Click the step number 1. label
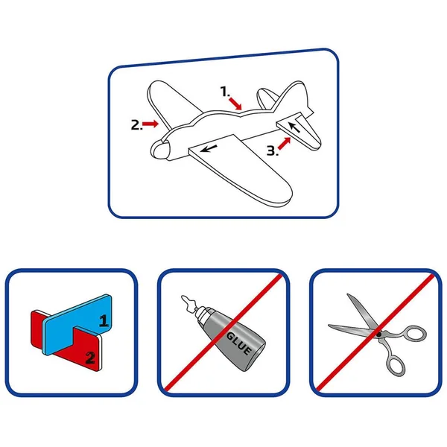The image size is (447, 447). coord(225,92)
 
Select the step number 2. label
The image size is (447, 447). coord(136,125)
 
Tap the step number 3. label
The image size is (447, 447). coord(272,150)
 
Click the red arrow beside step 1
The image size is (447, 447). coord(235,104)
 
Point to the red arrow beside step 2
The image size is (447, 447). coord(150,124)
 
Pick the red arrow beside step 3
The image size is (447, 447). coord(285,143)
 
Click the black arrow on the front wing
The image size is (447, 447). coord(209,148)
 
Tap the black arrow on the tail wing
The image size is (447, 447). coord(294,127)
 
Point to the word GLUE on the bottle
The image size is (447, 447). coord(239,343)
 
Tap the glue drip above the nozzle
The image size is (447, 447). coord(188,302)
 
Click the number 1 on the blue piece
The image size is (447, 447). coord(104,320)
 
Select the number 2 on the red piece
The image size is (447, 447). coord(90,358)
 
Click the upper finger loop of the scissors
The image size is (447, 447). coord(414,333)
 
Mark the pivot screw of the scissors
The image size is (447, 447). coord(378,334)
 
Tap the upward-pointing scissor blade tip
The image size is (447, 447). coord(348,294)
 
